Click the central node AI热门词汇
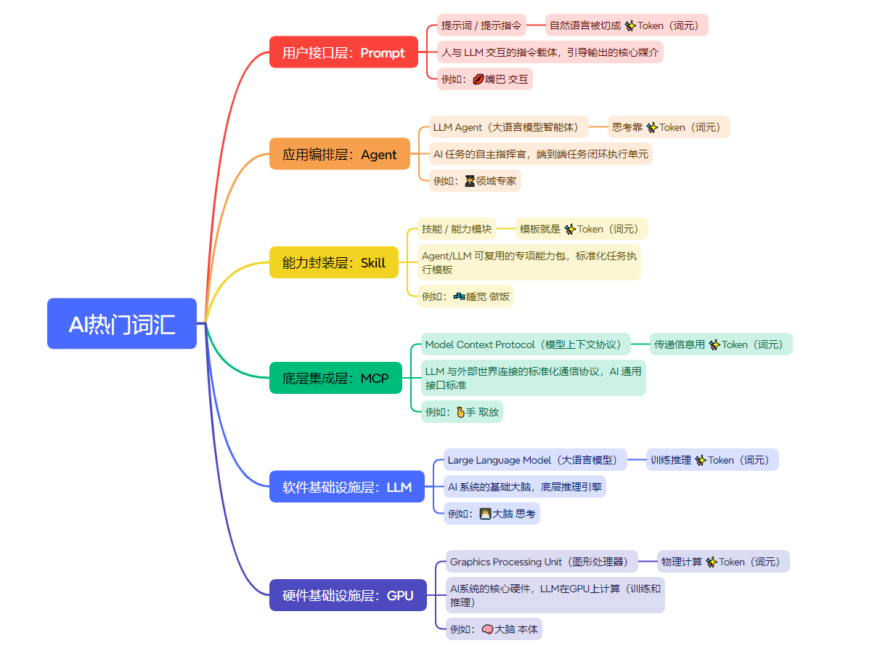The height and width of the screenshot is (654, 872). tap(122, 323)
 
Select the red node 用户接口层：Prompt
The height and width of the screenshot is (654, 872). tap(343, 52)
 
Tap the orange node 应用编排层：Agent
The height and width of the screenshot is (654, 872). tap(339, 154)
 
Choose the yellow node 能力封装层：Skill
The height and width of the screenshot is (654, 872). tap(334, 262)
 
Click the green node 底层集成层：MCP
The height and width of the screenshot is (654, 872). tap(335, 378)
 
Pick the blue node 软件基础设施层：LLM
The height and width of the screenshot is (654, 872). tap(347, 487)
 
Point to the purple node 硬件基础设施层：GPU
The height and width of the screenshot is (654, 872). tap(348, 595)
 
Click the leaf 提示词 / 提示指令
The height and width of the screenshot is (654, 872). tap(481, 25)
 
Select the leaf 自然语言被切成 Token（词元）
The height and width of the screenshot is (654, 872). tap(627, 25)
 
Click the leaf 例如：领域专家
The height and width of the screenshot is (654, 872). tap(475, 181)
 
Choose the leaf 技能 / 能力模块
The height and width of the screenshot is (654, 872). tap(457, 229)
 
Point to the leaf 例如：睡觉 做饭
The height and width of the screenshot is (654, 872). tap(465, 296)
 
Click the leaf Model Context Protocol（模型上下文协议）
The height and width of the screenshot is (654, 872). tap(523, 344)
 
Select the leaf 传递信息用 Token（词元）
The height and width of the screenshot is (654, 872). tap(721, 344)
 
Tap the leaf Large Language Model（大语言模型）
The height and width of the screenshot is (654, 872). tap(537, 460)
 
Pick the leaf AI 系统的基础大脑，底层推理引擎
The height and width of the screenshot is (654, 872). tap(524, 487)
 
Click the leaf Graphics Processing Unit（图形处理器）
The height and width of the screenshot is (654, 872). tap(542, 562)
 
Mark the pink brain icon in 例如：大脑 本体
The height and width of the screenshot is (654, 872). tap(487, 629)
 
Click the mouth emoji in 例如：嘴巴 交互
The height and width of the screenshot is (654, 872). tap(478, 79)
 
